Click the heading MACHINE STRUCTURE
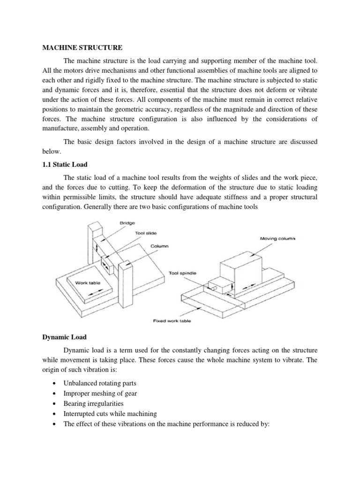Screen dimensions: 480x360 pos(82,47)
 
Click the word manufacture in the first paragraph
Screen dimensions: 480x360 pos(58,128)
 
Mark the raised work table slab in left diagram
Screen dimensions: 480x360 pos(89,287)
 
